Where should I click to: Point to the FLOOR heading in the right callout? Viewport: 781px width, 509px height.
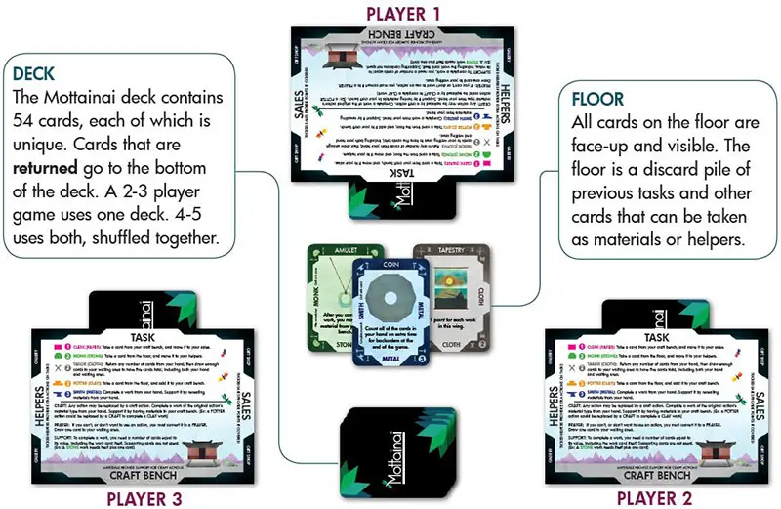pos(601,100)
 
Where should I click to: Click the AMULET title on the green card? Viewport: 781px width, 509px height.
pos(338,251)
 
